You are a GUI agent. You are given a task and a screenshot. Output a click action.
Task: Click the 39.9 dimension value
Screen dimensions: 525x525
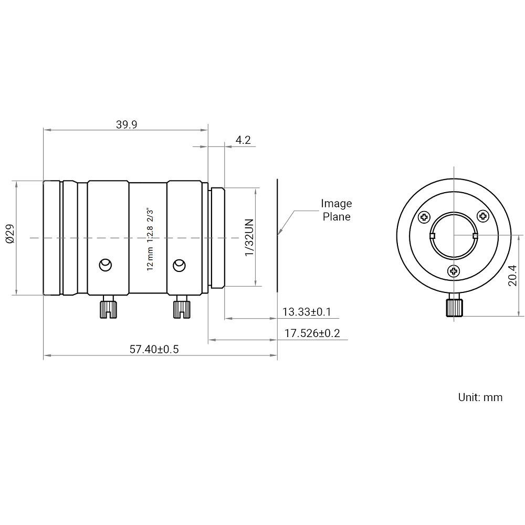pos(126,124)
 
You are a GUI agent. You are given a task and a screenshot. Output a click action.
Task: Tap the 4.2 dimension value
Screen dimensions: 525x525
pos(243,140)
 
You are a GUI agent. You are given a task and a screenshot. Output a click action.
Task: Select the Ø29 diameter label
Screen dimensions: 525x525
pos(10,238)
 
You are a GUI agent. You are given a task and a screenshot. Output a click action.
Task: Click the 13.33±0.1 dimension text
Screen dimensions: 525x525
pos(307,312)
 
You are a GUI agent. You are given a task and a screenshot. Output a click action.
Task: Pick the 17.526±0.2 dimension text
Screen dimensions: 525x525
pos(312,333)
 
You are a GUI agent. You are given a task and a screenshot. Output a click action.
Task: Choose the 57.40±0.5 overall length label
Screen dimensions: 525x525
pos(154,349)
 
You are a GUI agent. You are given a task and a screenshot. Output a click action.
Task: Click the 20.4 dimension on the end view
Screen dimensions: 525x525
pos(512,275)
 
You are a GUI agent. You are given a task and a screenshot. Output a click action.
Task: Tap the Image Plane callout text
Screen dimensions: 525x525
pos(336,210)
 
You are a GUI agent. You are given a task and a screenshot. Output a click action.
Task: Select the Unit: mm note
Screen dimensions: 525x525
pos(480,397)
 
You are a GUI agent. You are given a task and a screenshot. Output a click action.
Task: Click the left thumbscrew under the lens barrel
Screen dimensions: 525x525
pos(109,307)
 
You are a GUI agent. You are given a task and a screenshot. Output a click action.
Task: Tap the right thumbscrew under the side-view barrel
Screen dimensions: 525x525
pos(181,307)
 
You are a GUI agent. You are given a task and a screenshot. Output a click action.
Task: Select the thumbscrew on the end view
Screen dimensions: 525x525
pos(454,307)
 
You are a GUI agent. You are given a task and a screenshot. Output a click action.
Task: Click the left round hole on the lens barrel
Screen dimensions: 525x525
pos(106,264)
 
